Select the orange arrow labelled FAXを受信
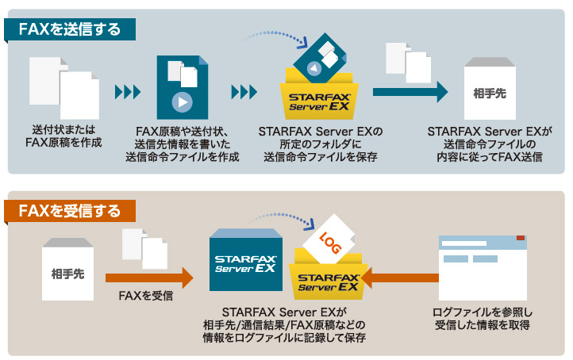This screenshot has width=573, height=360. tap(149, 277)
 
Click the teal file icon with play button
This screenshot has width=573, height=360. tap(183, 87)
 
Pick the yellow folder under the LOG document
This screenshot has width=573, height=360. tap(328, 281)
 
